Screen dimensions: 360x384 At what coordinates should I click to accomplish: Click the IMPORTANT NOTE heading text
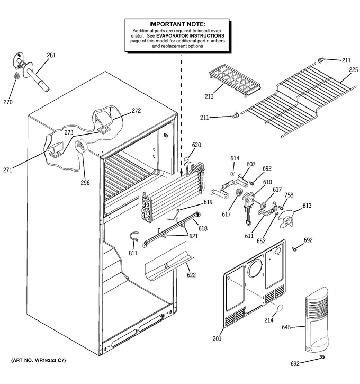click(x=177, y=24)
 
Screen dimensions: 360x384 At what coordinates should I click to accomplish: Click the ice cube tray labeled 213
click(x=235, y=81)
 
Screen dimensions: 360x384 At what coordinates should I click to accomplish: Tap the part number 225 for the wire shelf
click(x=353, y=70)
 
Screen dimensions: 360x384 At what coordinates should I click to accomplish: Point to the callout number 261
click(x=51, y=55)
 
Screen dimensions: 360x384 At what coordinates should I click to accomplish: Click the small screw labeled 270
click(x=16, y=76)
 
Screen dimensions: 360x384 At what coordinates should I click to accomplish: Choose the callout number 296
click(x=85, y=183)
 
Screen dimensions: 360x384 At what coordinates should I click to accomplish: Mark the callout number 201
click(x=217, y=338)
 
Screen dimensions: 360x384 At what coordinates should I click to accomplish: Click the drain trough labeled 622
click(x=169, y=262)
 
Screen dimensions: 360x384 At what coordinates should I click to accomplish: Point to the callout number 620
click(x=196, y=145)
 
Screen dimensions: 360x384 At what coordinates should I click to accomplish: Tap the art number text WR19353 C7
click(x=51, y=360)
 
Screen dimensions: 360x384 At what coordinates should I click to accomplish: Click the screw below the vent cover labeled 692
click(x=322, y=357)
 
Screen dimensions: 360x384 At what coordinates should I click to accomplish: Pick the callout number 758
click(x=289, y=195)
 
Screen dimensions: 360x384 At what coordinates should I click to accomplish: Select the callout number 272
click(x=136, y=111)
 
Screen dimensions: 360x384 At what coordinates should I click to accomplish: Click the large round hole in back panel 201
click(x=255, y=268)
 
